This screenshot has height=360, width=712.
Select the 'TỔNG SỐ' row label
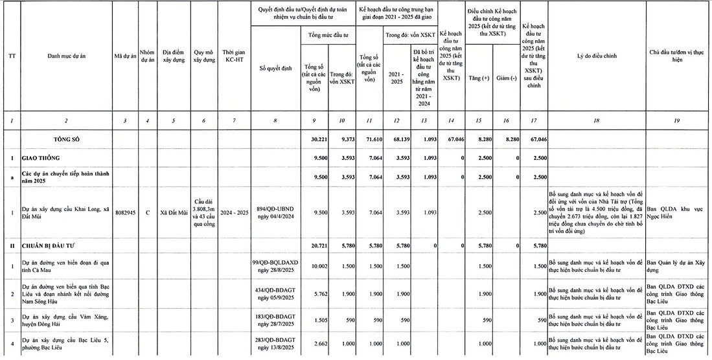[67, 139]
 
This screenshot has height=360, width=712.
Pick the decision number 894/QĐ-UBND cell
[276, 212]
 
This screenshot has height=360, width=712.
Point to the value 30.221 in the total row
[314, 139]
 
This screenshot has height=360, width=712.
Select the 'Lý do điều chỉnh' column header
[596, 56]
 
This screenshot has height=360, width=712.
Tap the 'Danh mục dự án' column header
[67, 56]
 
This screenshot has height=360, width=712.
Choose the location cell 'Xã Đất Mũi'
[174, 212]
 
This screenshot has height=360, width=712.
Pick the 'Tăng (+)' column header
[479, 78]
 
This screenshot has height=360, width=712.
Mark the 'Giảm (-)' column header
[507, 78]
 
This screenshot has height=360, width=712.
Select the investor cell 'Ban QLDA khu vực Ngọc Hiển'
[678, 212]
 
